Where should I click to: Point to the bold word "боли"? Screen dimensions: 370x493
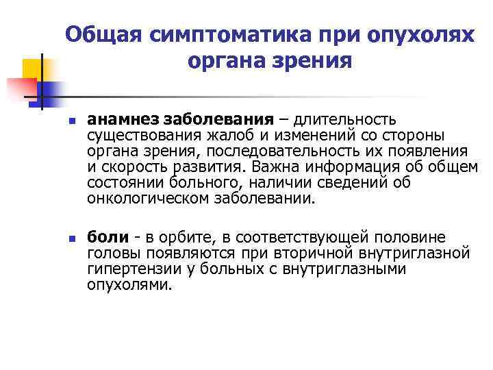point(108,238)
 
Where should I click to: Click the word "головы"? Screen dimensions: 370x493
point(112,254)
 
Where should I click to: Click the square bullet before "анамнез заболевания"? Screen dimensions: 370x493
point(72,121)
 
